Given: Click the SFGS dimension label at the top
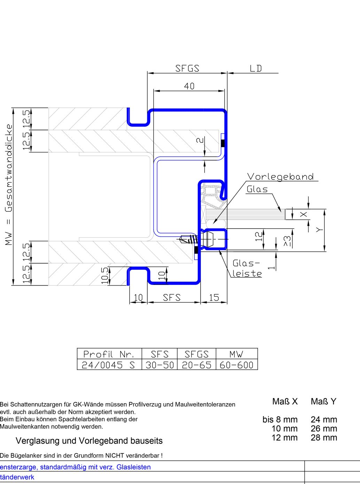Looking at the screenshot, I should [x=187, y=68].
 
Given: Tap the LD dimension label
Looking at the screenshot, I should [x=256, y=68].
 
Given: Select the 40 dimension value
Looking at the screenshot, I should [x=189, y=86].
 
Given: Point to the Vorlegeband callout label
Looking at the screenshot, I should [x=281, y=177].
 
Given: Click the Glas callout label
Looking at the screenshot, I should [x=257, y=189].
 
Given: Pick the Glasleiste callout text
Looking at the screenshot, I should [x=247, y=268].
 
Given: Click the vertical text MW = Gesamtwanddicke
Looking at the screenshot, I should [x=9, y=185].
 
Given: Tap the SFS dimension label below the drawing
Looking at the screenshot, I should [x=172, y=297].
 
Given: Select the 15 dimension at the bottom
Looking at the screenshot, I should [x=214, y=297].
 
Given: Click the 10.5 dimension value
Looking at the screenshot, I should [x=104, y=275].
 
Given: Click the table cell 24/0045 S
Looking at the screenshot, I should [x=108, y=365].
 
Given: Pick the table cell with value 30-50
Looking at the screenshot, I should [x=159, y=365].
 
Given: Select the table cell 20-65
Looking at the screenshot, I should [x=196, y=365].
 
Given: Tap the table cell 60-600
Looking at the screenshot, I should [x=236, y=365].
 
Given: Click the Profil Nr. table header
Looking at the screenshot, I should [x=108, y=354].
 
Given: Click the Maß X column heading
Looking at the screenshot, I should [x=285, y=401].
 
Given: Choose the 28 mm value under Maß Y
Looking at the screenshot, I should [x=324, y=438].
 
